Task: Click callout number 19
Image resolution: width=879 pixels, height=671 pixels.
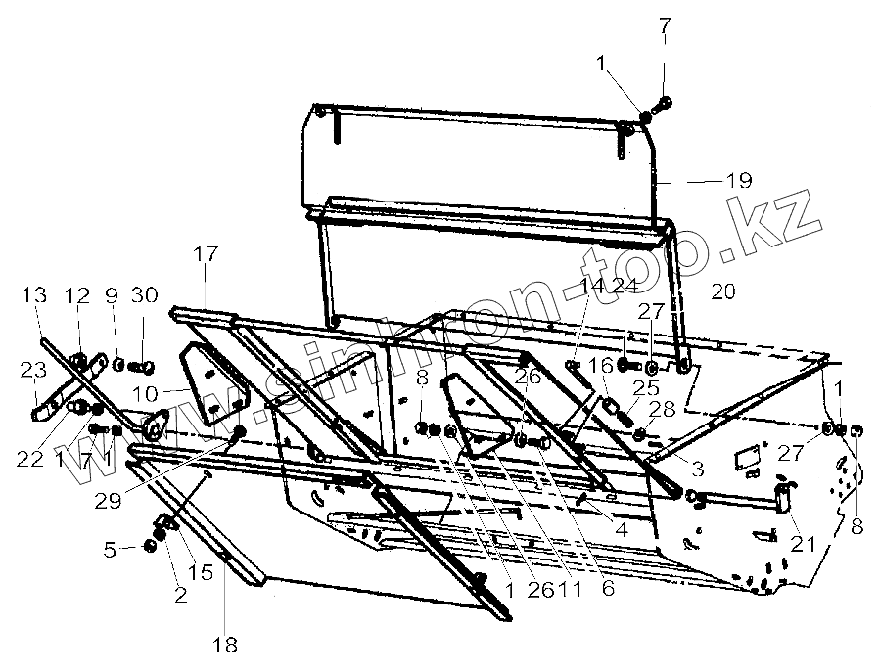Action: (739, 180)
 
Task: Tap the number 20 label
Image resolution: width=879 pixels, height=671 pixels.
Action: (723, 291)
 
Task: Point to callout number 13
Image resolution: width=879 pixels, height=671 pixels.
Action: (34, 295)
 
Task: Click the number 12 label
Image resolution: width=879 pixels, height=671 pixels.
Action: (77, 295)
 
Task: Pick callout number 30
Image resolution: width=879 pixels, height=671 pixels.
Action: (145, 295)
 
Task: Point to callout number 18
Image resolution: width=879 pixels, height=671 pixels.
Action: (225, 644)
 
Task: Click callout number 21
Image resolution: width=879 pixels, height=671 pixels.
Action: (803, 542)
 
